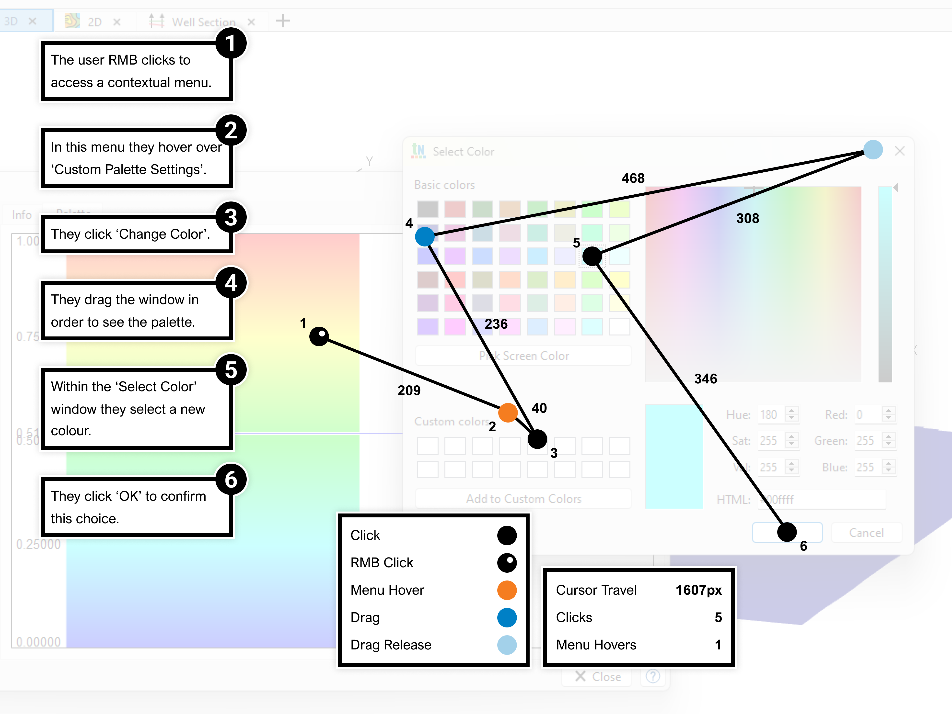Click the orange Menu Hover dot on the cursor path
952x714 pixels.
point(508,413)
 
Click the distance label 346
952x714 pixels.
point(706,379)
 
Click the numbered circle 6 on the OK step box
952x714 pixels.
point(231,479)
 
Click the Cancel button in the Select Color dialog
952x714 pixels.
point(866,533)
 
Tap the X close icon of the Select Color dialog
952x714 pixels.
point(899,151)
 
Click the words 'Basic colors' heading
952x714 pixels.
point(444,185)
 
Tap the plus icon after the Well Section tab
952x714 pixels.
point(283,21)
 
